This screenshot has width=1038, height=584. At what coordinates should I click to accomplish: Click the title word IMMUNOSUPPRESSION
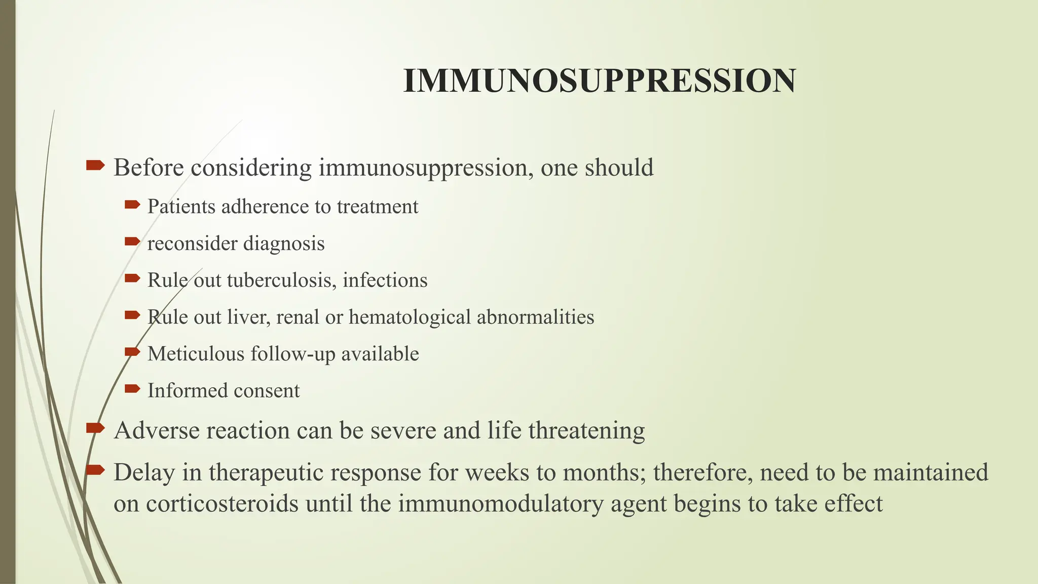click(x=599, y=81)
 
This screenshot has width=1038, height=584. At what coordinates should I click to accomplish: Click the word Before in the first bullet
click(x=149, y=167)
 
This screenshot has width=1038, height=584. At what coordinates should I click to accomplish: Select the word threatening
click(x=586, y=430)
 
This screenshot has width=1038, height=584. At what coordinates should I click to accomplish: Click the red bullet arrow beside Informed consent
click(x=132, y=389)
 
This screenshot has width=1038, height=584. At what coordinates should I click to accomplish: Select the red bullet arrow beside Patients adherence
click(x=132, y=205)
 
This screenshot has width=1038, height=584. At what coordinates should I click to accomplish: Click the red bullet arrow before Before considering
click(x=95, y=165)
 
